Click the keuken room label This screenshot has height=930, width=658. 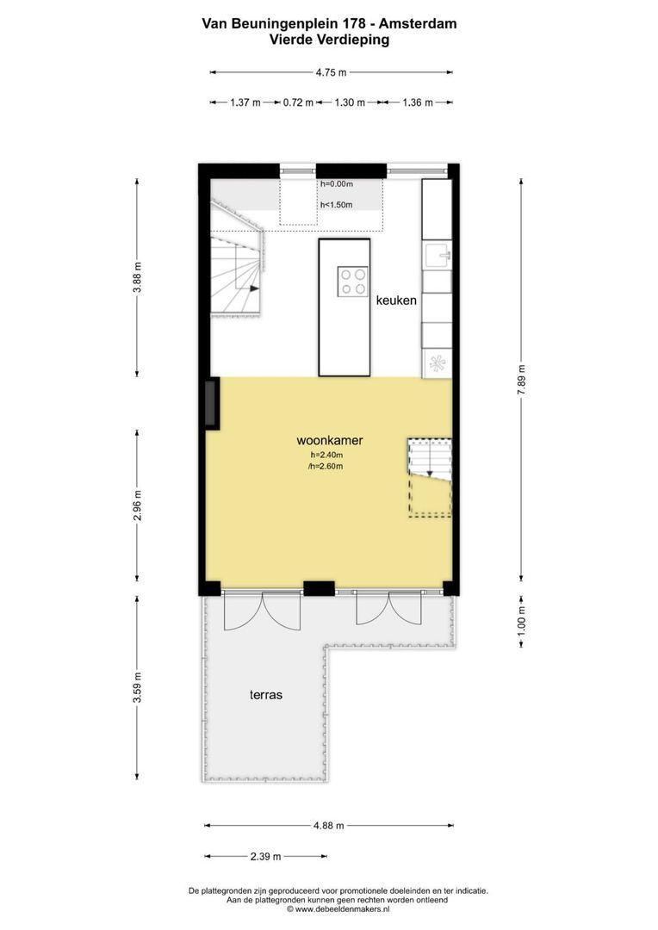[x=396, y=301]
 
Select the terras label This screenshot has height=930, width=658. [x=267, y=694]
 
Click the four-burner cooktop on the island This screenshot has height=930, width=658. [x=352, y=282]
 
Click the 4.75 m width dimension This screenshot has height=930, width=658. [x=331, y=72]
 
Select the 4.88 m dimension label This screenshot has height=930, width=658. [x=328, y=825]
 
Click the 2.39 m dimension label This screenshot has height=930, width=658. [x=264, y=857]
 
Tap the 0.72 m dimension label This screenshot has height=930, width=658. [x=298, y=102]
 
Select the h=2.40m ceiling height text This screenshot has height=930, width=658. [x=326, y=456]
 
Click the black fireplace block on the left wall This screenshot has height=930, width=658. [x=211, y=405]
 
